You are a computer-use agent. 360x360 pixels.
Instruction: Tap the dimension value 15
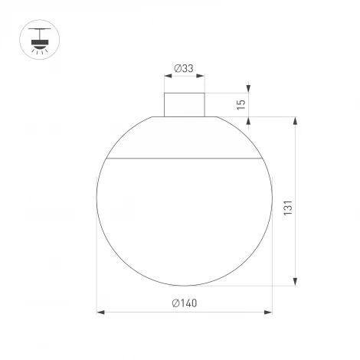tap(242, 105)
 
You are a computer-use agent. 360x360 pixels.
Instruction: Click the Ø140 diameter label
tap(185, 303)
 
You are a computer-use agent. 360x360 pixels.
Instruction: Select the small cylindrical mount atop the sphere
tap(184, 104)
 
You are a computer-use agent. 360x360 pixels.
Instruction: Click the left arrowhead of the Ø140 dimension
tap(100, 313)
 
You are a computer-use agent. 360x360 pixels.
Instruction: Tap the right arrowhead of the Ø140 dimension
tap(270, 313)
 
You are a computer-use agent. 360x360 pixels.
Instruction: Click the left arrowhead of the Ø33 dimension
tap(167, 77)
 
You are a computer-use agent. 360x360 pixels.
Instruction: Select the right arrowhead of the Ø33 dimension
tap(202, 77)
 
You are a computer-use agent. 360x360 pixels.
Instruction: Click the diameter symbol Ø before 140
tap(175, 303)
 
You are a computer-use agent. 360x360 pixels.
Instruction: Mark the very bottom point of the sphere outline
tap(184, 286)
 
